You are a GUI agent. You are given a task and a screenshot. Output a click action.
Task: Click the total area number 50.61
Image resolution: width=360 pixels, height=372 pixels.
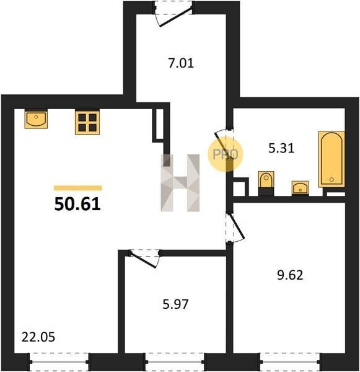pyautogui.click(x=77, y=204)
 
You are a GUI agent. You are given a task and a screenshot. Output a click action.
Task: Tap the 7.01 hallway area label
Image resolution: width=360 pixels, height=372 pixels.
pyautogui.click(x=181, y=63)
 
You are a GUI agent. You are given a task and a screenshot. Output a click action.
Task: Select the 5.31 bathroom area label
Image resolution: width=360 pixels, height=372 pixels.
pyautogui.click(x=281, y=149)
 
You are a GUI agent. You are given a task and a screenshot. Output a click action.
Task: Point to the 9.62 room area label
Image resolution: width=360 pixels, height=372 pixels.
pyautogui.click(x=290, y=275)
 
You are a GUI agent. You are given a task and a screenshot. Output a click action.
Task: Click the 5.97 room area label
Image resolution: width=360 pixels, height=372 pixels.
pyautogui.click(x=175, y=304)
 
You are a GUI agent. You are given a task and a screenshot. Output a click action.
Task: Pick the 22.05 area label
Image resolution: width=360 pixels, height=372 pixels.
pyautogui.click(x=38, y=337)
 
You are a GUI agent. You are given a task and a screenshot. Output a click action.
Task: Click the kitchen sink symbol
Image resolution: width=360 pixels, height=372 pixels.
pyautogui.click(x=36, y=119)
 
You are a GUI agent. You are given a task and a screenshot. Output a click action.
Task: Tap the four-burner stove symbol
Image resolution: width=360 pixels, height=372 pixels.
pyautogui.click(x=87, y=122)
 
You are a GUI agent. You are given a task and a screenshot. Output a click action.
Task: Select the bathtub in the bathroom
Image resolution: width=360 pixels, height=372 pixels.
pyautogui.click(x=331, y=159)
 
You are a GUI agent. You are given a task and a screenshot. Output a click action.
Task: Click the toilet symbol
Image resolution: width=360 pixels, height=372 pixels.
pyautogui.click(x=266, y=183)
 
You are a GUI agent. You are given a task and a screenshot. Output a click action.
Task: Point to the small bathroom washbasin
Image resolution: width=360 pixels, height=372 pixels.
pyautogui.click(x=301, y=188)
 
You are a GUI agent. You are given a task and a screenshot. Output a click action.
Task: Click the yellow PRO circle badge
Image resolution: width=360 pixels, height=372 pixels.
pyautogui.click(x=225, y=154)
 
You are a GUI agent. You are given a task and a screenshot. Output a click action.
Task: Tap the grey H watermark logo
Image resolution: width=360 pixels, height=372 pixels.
pyautogui.click(x=180, y=183)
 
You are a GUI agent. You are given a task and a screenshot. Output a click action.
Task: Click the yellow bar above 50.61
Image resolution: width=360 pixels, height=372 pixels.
pyautogui.click(x=78, y=188)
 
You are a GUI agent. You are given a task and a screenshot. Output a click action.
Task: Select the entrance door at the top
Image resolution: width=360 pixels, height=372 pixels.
pyautogui.click(x=173, y=14)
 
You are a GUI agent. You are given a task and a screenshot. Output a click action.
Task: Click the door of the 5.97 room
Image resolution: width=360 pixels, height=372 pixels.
pyautogui.click(x=144, y=258)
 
